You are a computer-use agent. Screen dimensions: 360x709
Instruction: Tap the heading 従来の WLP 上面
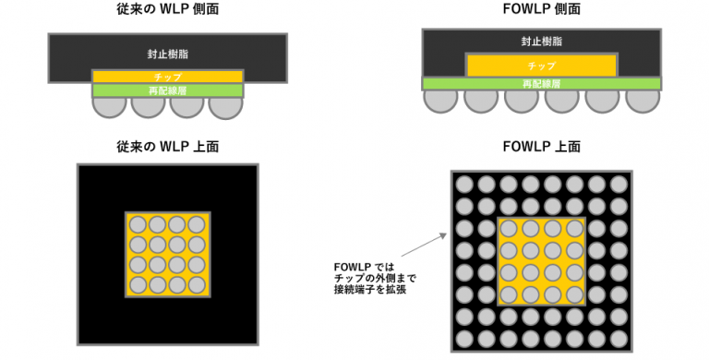[167, 147]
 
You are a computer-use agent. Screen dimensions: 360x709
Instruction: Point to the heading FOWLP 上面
[541, 147]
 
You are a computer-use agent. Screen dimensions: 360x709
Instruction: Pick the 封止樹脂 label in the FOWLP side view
[541, 42]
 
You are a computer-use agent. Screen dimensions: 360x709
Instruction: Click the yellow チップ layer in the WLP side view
[167, 77]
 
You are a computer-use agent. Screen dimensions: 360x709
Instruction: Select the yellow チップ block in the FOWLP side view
[541, 66]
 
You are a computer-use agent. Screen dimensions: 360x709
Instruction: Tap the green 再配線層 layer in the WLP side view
[167, 90]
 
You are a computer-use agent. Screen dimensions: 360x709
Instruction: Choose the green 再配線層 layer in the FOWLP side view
[541, 83]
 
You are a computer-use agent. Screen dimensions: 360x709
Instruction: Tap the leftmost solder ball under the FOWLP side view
[439, 99]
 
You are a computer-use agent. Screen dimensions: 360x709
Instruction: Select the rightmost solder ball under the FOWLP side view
[643, 99]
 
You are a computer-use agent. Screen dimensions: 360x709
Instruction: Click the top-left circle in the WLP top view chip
[138, 224]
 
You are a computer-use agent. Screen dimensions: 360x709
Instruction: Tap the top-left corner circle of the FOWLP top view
[464, 183]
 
